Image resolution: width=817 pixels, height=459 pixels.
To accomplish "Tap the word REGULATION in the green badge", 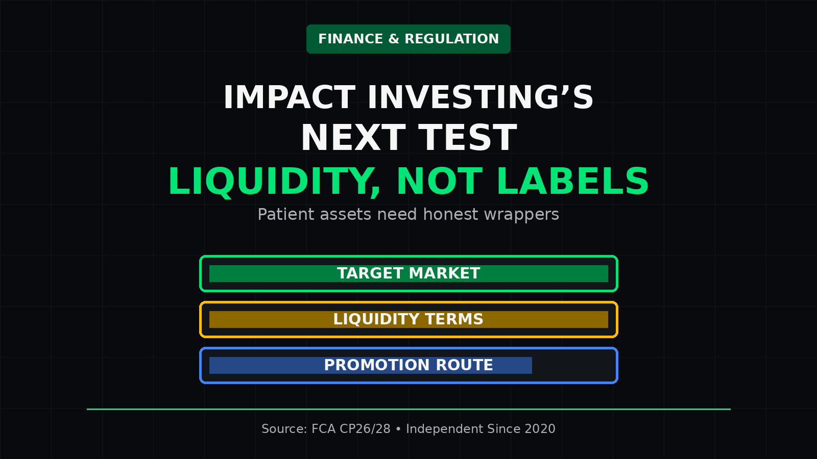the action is click(x=451, y=39).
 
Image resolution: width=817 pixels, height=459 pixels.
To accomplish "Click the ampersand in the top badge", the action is click(x=394, y=39).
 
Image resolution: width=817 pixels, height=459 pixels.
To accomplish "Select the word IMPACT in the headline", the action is click(x=289, y=97).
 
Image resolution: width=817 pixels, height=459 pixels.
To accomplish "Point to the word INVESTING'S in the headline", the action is click(x=480, y=97).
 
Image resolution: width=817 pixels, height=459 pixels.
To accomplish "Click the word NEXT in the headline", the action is click(x=353, y=138).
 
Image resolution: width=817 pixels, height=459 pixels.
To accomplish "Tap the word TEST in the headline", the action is click(x=468, y=138).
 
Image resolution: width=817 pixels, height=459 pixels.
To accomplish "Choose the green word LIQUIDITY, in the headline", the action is click(x=274, y=182).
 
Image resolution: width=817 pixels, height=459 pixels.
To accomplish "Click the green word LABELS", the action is click(x=573, y=181).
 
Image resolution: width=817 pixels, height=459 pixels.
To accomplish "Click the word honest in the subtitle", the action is click(x=450, y=214).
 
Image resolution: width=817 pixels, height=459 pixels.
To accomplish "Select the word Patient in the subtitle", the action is click(x=286, y=214).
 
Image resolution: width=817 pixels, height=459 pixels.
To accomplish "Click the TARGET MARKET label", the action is click(x=408, y=273).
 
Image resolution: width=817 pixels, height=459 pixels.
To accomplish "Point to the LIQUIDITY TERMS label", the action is click(x=408, y=319).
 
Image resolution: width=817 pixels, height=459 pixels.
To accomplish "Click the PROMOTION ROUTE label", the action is click(x=408, y=365).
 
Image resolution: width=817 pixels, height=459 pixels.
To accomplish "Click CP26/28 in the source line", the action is click(x=365, y=429).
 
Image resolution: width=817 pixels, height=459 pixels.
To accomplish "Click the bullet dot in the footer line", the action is click(x=398, y=429).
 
